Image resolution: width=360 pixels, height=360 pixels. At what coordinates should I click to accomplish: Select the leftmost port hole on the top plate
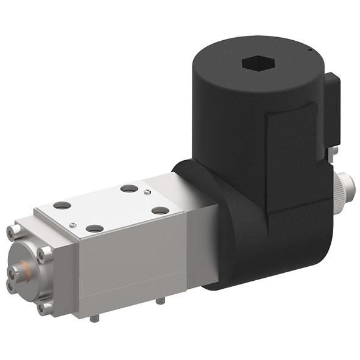(62, 205)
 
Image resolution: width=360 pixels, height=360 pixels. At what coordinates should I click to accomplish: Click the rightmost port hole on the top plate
(160, 210)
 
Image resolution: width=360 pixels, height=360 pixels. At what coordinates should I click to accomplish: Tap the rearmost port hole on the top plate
(129, 188)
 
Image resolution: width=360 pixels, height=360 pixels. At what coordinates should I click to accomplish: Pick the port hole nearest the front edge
(94, 228)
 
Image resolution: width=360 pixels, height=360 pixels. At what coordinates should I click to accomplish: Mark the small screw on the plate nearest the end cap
(72, 224)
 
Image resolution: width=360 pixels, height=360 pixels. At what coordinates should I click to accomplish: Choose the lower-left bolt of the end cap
(12, 284)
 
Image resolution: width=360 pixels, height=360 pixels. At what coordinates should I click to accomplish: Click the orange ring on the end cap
(24, 268)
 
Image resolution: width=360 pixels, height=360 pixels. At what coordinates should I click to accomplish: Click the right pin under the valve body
(160, 299)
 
